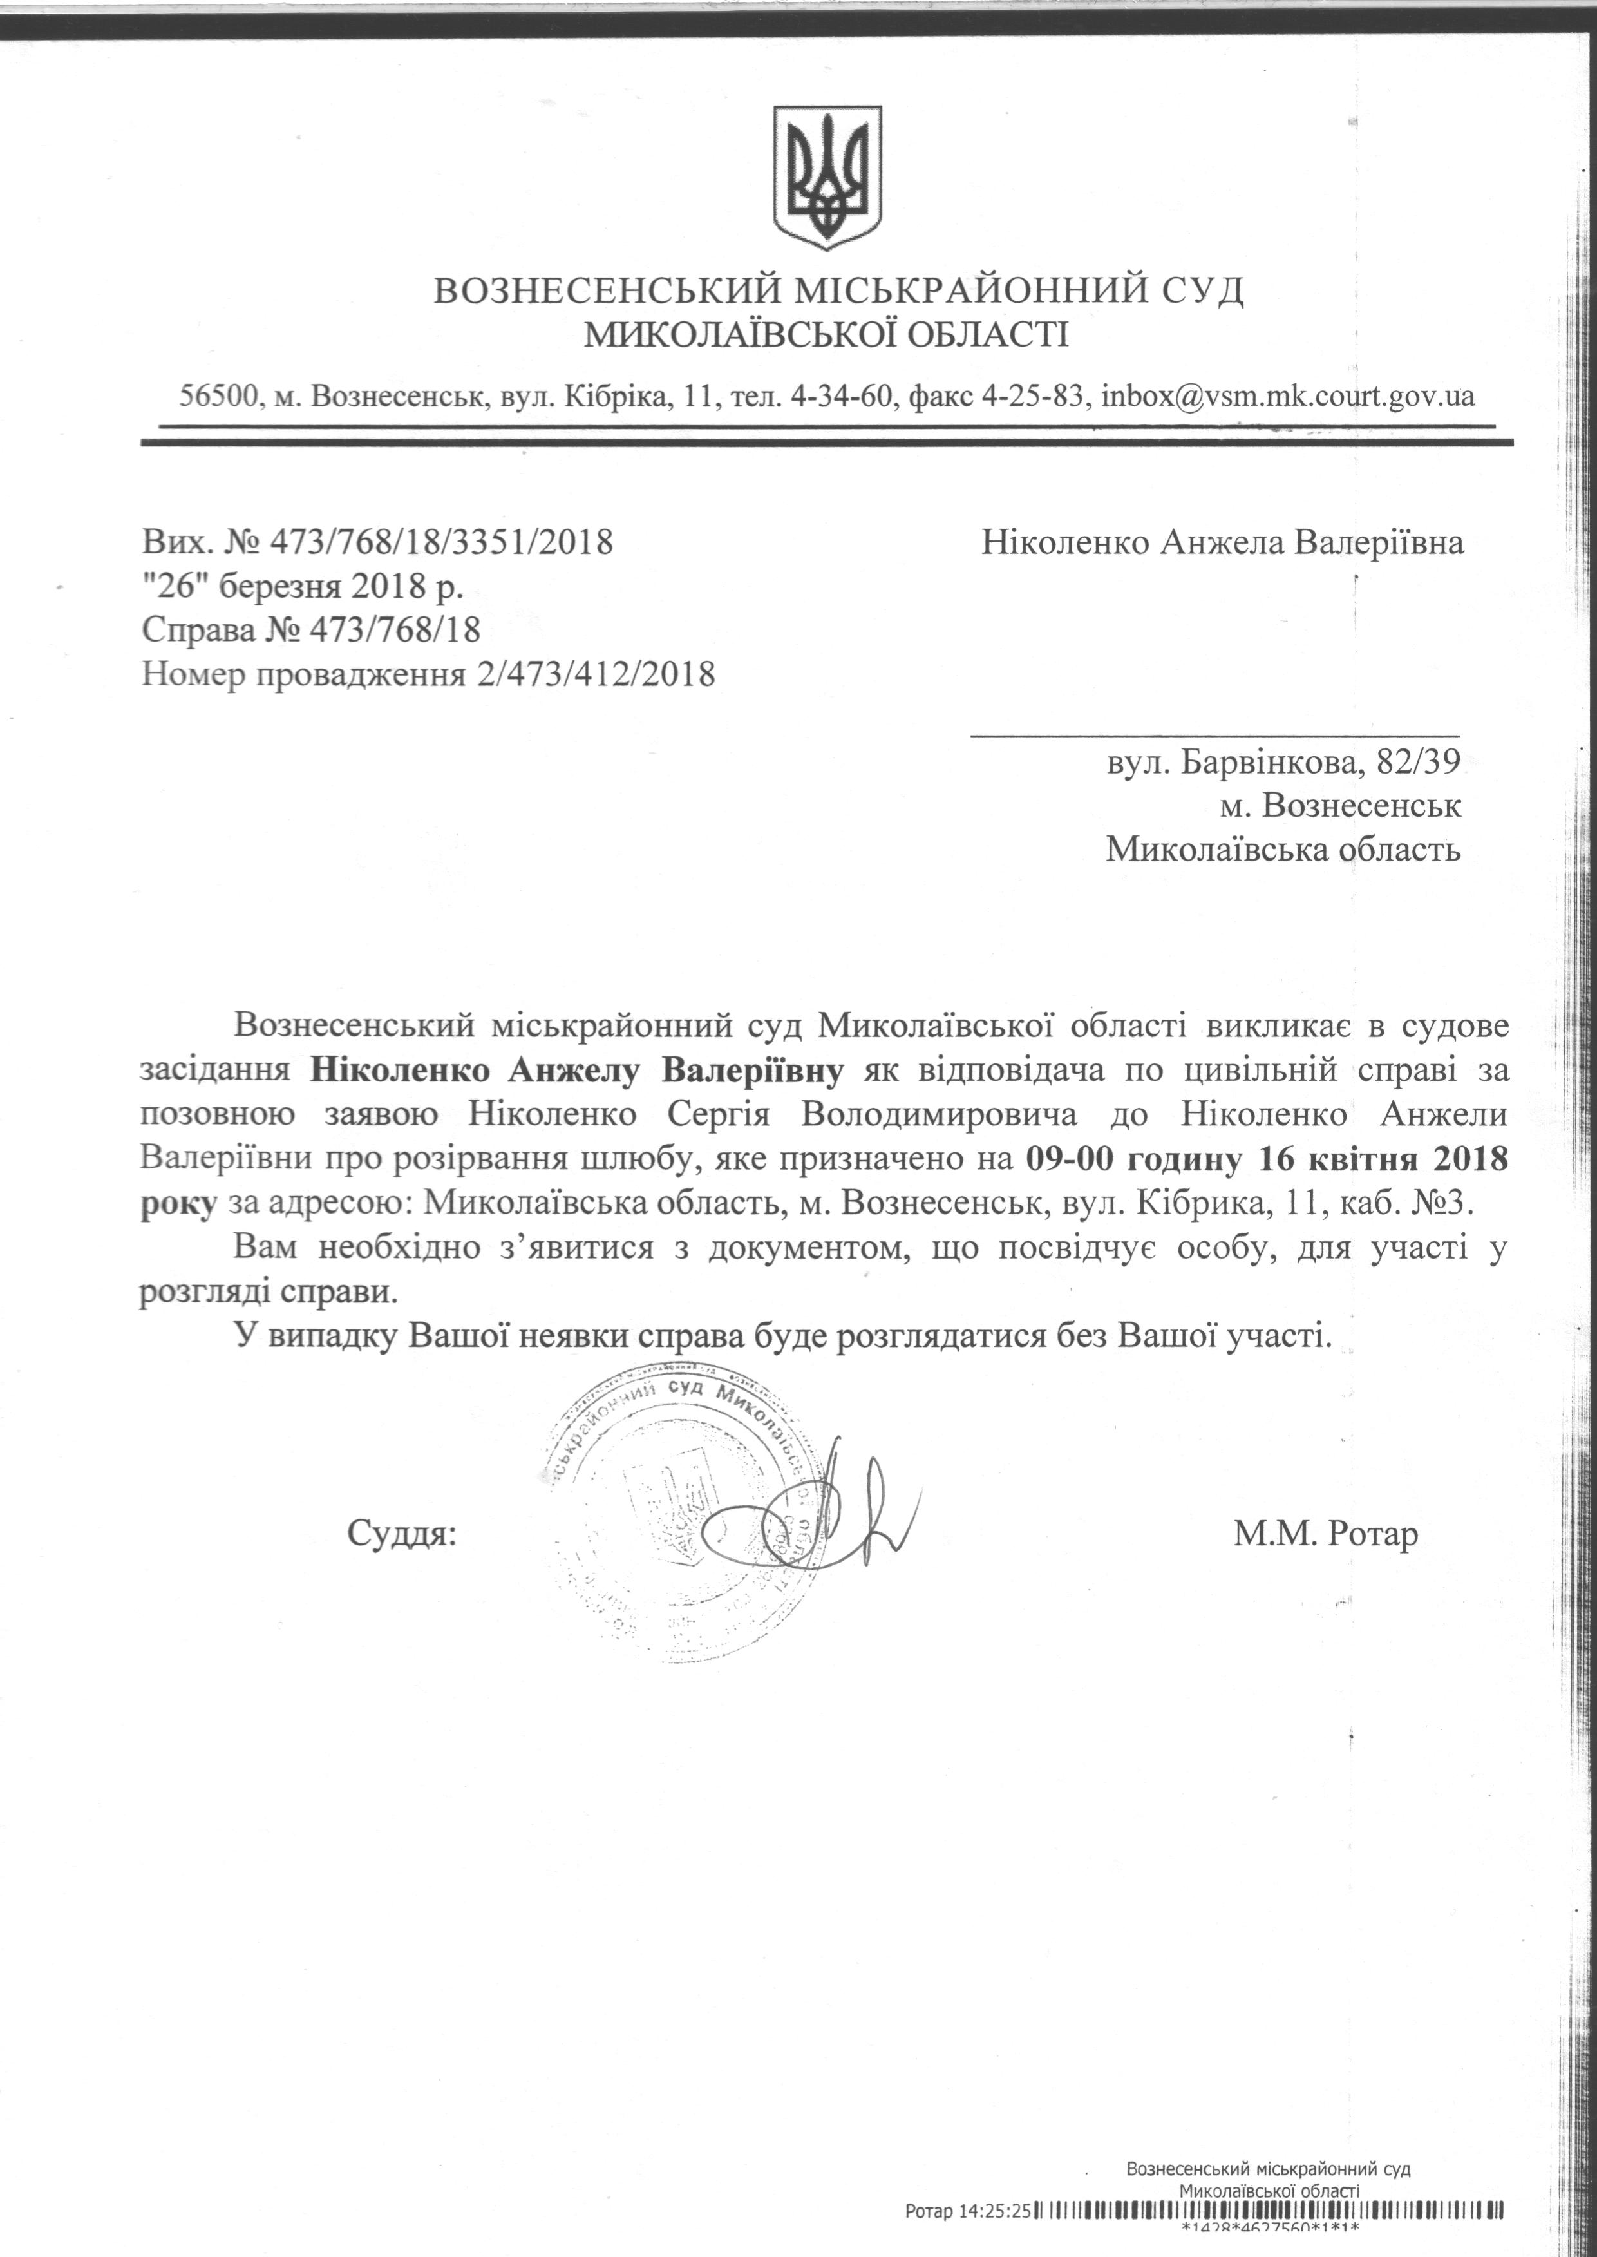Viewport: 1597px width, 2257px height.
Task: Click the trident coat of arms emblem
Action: [x=826, y=177]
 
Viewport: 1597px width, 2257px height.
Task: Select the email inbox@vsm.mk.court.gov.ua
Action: [x=1288, y=395]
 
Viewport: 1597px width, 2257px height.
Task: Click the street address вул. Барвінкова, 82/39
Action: [x=1283, y=761]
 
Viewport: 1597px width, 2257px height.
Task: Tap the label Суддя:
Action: [x=402, y=1533]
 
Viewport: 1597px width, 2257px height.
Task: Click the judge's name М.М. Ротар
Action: [x=1326, y=1533]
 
